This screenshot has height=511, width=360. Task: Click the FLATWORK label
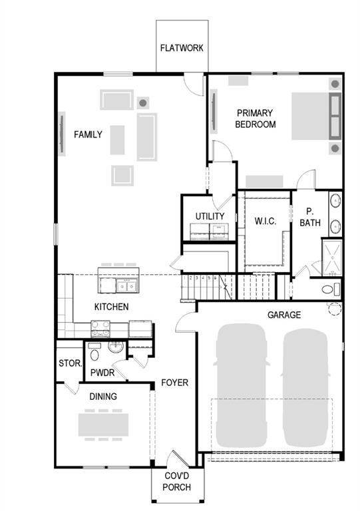(x=182, y=49)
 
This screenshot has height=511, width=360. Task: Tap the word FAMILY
(x=88, y=134)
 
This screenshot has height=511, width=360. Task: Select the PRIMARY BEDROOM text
(x=256, y=118)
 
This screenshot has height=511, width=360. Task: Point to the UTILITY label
(x=210, y=216)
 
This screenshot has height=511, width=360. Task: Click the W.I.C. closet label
(x=265, y=221)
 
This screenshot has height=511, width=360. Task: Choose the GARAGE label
(x=284, y=315)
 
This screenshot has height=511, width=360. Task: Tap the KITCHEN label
(x=111, y=307)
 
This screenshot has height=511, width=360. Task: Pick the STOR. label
(x=70, y=364)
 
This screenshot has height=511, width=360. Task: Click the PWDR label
(x=103, y=373)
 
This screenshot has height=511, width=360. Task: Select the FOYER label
(x=175, y=383)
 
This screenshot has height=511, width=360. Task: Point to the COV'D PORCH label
(x=177, y=482)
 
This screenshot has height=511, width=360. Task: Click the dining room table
(x=104, y=424)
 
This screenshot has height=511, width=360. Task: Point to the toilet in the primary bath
(x=329, y=289)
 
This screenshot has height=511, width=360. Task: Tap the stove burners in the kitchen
(x=100, y=327)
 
